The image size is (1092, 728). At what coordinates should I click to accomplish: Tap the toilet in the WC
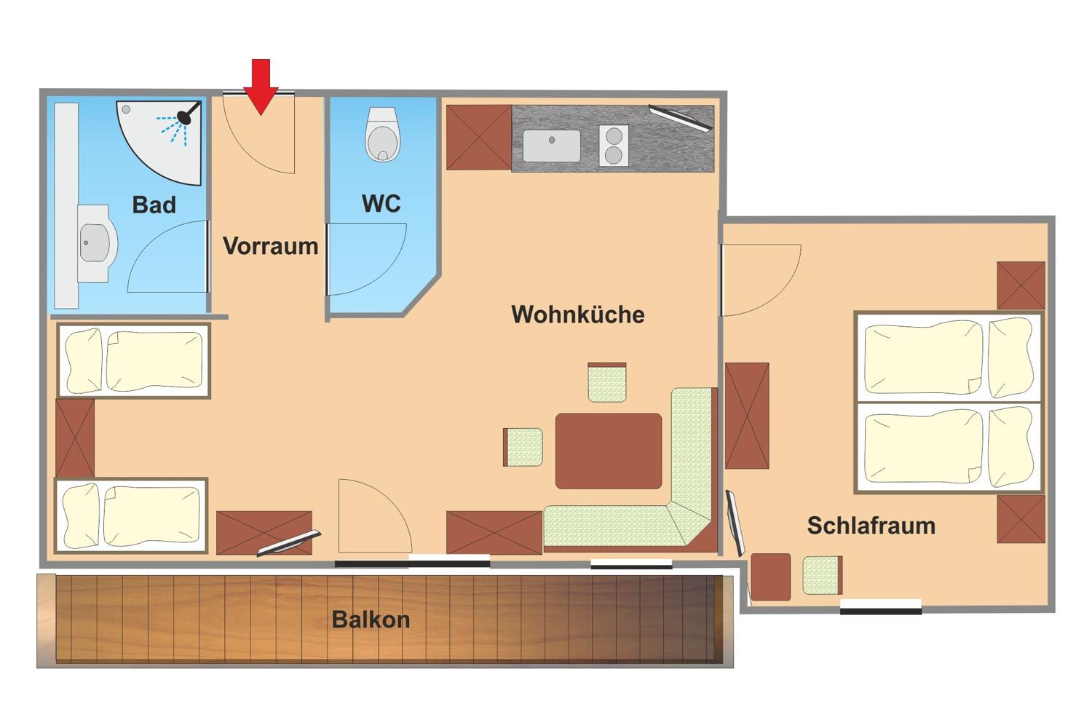[x=383, y=134]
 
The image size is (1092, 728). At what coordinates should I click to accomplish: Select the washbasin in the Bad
[x=97, y=243]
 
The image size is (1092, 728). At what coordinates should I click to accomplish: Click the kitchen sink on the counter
[x=552, y=146]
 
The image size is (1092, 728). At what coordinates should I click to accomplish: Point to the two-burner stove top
[x=614, y=146]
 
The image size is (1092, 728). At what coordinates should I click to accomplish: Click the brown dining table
[x=609, y=451]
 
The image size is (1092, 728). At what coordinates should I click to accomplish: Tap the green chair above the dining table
[x=607, y=382]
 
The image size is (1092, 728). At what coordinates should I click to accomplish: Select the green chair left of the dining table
[x=523, y=447]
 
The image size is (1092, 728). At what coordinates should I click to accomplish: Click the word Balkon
[x=371, y=620]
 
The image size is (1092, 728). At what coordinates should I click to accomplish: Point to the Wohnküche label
[x=578, y=314]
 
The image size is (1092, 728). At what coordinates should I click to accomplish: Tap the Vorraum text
[x=271, y=246]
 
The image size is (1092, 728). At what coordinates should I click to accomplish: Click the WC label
[x=381, y=203]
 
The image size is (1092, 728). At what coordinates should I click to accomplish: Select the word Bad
[x=154, y=205]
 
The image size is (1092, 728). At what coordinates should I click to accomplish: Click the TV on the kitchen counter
[x=681, y=118]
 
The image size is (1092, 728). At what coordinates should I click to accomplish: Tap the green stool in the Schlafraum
[x=823, y=575]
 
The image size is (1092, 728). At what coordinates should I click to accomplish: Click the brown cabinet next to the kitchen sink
[x=479, y=138]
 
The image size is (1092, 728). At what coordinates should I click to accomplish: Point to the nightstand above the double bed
[x=1021, y=285]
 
